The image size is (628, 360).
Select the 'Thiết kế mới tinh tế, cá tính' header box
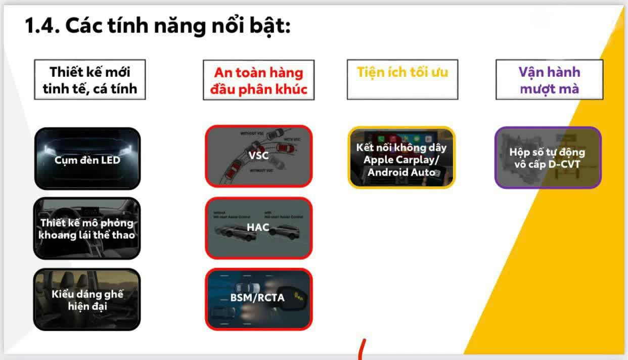[90, 79]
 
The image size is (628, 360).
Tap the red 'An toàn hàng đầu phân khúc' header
[258, 80]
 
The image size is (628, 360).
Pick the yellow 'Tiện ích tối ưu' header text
[402, 72]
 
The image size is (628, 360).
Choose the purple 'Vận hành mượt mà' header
[549, 80]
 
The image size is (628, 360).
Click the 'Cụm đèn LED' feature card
[87, 158]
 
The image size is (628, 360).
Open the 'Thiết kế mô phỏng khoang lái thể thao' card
[87, 229]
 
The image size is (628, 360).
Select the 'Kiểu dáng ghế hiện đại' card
[87, 299]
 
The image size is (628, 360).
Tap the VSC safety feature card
[258, 156]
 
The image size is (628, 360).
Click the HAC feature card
[258, 228]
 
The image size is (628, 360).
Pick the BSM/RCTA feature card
[258, 298]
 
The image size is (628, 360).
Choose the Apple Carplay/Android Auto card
[401, 158]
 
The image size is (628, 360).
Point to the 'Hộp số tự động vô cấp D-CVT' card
[548, 158]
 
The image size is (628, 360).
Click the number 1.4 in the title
[42, 26]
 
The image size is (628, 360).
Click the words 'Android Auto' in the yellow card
[401, 172]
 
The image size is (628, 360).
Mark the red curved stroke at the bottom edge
[361, 350]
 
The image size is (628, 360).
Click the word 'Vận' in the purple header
[529, 72]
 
